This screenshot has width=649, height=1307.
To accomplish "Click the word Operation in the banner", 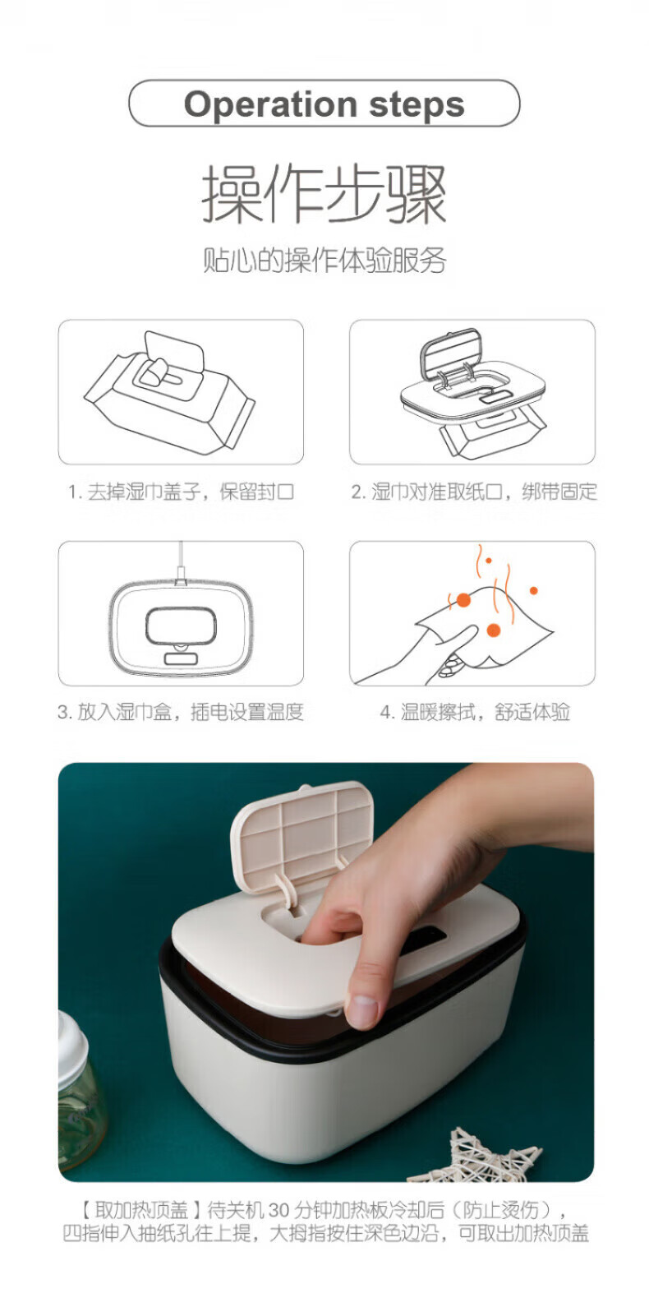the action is tap(270, 105).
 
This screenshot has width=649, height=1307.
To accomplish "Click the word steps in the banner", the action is tap(417, 105).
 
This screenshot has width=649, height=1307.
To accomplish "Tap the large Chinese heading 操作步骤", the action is tap(324, 194).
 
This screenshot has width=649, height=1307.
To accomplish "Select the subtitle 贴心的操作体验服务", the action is tap(324, 261).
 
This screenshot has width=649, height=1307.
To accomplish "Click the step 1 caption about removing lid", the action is tap(181, 492).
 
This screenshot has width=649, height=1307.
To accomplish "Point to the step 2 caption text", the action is tap(473, 492).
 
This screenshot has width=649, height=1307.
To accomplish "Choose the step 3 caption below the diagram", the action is tap(181, 712).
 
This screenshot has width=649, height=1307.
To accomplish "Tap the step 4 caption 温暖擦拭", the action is tap(475, 712).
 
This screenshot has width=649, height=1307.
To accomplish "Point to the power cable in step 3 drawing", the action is tap(182, 562).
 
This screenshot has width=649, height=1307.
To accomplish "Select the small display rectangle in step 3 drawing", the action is tap(181, 658).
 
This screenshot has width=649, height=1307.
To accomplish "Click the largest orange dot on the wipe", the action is tap(494, 630).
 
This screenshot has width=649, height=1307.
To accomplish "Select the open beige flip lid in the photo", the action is tap(302, 835).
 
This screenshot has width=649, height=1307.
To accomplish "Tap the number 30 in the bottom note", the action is tap(279, 1209).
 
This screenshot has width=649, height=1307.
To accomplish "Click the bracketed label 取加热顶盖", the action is tap(140, 1209).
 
